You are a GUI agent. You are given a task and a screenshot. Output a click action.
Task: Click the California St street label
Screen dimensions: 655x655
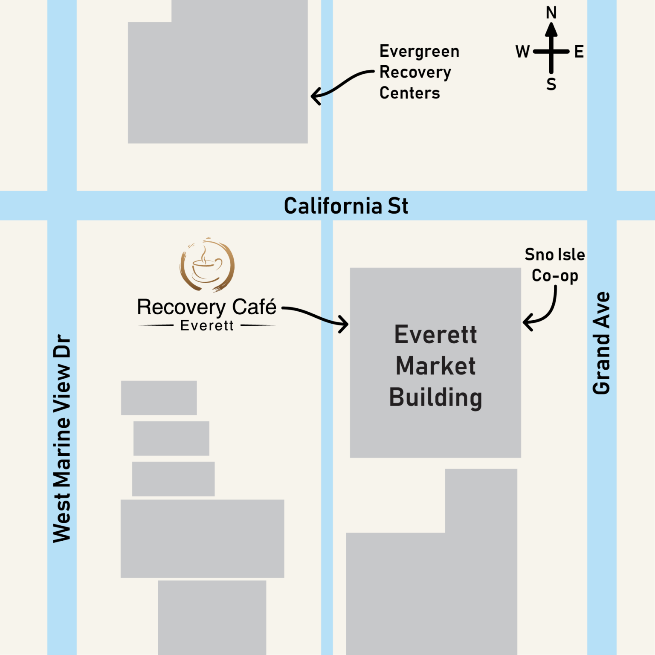(346, 206)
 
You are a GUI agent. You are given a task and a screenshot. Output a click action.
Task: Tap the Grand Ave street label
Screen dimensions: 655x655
(602, 343)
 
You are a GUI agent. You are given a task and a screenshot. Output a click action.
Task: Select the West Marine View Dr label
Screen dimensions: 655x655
(62, 438)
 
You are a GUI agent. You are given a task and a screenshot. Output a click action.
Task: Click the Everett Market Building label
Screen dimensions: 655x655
(435, 366)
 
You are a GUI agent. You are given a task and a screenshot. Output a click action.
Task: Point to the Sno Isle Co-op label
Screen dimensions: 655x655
(555, 265)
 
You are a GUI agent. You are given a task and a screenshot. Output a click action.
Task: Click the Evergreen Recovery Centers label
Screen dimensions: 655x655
(419, 72)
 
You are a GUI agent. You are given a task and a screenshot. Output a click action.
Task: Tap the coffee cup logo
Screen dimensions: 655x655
(207, 265)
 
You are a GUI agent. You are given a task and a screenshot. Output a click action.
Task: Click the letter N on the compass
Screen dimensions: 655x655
(551, 13)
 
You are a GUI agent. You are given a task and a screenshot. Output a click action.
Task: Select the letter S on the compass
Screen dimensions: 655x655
(551, 84)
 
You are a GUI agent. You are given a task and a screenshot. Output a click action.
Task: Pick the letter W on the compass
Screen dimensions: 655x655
(522, 52)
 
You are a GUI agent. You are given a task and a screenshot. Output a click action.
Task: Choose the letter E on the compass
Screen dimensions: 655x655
(579, 52)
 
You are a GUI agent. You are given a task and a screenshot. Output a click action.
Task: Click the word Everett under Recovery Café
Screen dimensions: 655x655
(207, 326)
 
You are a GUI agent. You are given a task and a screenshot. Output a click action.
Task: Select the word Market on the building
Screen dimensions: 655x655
(435, 366)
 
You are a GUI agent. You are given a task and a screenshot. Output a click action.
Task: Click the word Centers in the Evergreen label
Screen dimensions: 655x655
(409, 93)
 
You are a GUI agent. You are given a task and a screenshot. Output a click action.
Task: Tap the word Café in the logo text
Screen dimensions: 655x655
(254, 307)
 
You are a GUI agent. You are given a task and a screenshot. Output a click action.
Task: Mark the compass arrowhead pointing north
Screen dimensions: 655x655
(551, 30)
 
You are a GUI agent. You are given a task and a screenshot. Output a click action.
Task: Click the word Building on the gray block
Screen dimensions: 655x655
(435, 397)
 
